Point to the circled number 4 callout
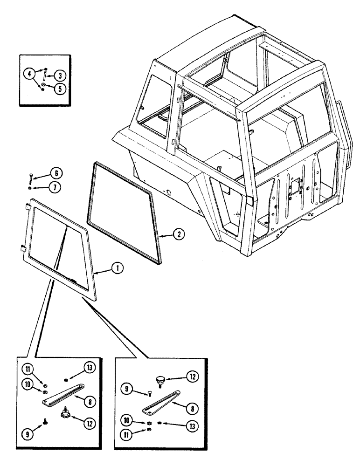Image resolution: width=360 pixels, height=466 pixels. (x=29, y=74)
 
